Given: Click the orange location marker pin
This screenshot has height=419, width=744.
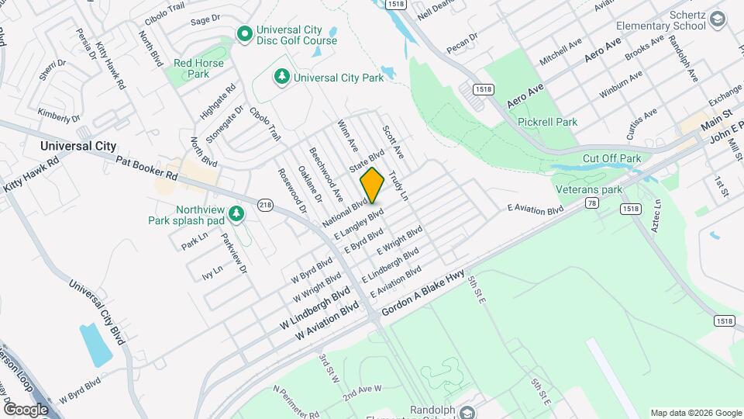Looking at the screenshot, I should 373,185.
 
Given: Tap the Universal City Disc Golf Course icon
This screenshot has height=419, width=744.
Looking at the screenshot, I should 245,33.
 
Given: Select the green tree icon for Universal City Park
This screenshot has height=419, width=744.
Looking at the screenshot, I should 283,77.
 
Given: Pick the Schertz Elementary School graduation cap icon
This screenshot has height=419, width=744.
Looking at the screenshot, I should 718,20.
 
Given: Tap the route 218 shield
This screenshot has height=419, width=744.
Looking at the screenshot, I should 266,205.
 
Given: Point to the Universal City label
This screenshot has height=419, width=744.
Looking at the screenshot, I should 78,146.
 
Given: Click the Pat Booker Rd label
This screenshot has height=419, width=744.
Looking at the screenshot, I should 147,169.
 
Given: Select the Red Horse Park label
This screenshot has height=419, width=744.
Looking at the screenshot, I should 198,68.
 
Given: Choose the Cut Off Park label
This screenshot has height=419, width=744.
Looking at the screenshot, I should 611,158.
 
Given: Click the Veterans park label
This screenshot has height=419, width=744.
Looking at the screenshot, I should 589,189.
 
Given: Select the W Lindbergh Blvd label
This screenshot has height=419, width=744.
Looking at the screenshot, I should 318,308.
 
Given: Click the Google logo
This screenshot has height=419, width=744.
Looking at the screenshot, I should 26,409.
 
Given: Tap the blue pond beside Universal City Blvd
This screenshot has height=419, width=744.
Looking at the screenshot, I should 95,345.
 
